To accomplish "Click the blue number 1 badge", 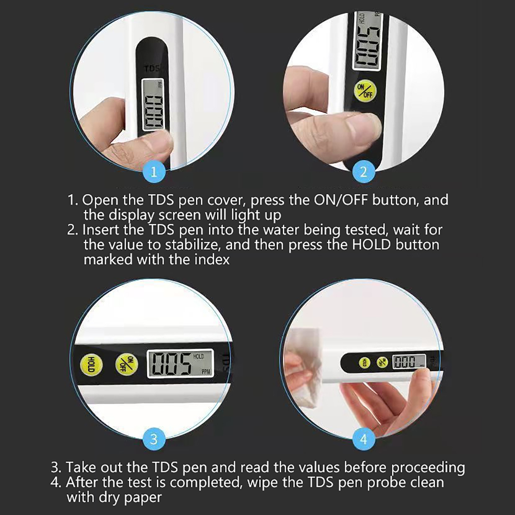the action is click(x=154, y=172).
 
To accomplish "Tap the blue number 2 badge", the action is click(x=364, y=172).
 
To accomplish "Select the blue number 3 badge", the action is click(x=154, y=439).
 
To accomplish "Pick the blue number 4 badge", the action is click(x=364, y=439).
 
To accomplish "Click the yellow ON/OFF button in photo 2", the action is click(x=365, y=90).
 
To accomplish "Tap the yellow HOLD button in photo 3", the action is click(x=91, y=365).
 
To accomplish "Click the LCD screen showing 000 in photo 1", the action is click(x=153, y=105).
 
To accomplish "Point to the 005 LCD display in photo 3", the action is click(x=180, y=363).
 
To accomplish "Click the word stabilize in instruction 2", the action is click(x=192, y=245).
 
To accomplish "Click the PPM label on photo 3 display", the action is click(x=206, y=372).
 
